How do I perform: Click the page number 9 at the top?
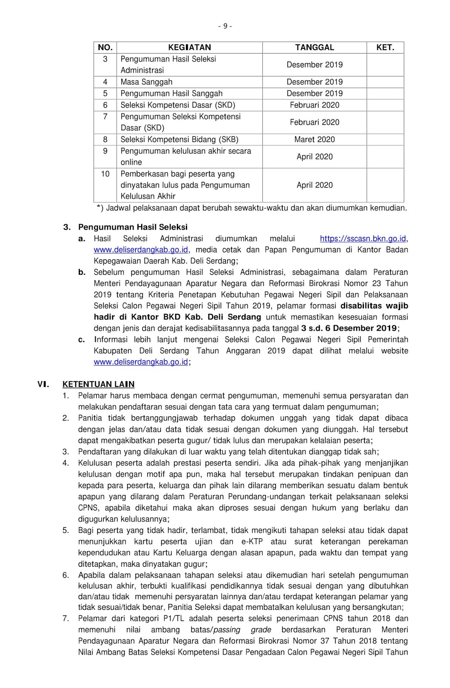click(x=225, y=26)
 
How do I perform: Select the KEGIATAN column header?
click(x=189, y=47)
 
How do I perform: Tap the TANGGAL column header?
click(x=314, y=47)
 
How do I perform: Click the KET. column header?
click(x=385, y=47)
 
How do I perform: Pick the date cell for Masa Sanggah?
click(x=314, y=82)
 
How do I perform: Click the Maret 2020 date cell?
click(x=314, y=139)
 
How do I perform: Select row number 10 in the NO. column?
click(x=105, y=174)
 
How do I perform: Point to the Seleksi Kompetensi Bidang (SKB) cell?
click(x=179, y=139)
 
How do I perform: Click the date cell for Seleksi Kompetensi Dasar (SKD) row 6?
click(x=314, y=105)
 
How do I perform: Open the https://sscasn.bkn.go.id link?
click(x=363, y=239)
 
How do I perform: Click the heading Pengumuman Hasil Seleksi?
click(x=133, y=227)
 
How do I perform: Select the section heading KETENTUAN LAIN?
click(x=99, y=384)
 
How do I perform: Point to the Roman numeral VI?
click(x=43, y=384)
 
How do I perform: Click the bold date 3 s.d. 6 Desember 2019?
click(x=349, y=329)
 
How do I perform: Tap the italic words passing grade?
click(x=242, y=630)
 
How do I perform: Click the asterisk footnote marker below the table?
click(x=99, y=208)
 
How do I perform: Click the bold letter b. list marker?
click(x=82, y=272)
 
